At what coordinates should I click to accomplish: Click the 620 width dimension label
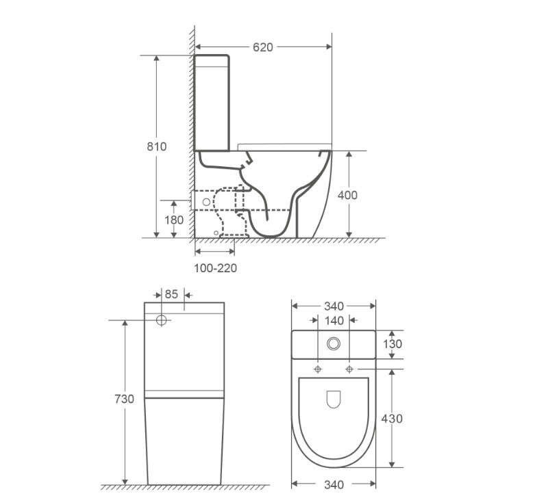(263, 47)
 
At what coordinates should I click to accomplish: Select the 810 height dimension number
(157, 146)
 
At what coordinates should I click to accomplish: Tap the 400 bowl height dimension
(347, 195)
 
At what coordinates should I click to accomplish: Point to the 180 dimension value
(174, 220)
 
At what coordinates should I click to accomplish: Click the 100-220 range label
(215, 268)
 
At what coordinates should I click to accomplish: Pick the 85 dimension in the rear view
(171, 294)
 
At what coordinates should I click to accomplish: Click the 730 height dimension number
(124, 399)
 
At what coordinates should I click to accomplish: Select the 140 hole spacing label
(334, 321)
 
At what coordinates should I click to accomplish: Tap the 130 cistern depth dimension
(393, 344)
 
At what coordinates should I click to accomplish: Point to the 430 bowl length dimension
(392, 419)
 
